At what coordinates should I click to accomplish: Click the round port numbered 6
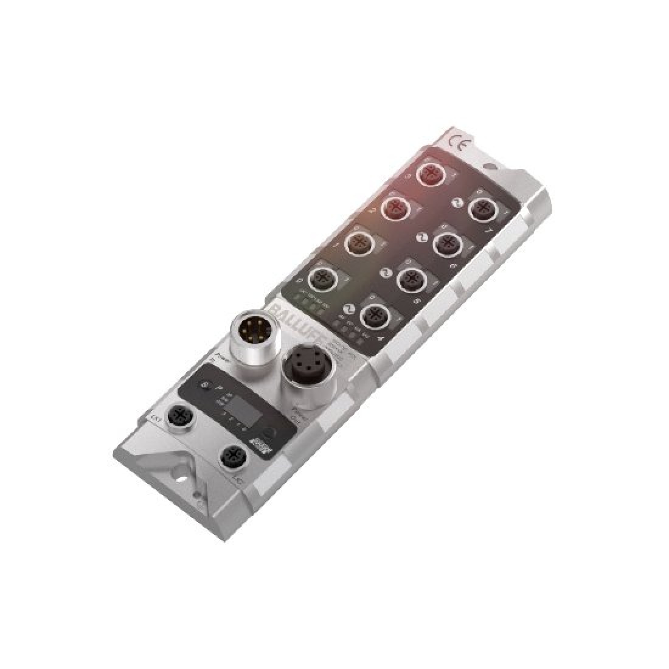(x=444, y=243)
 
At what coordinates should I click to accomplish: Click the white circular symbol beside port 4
(x=349, y=308)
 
